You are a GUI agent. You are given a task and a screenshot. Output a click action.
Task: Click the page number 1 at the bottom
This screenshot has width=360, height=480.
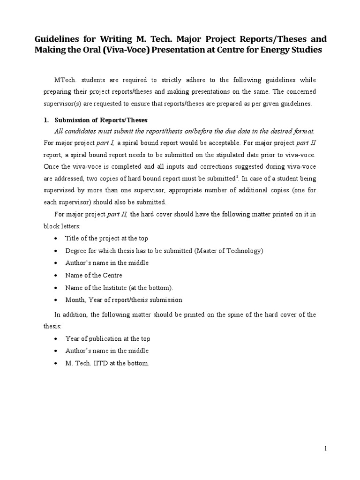(325, 449)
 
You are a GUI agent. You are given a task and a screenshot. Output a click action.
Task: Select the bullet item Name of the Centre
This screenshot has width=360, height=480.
(93, 275)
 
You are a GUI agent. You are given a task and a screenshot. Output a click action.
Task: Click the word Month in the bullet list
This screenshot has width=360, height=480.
(74, 300)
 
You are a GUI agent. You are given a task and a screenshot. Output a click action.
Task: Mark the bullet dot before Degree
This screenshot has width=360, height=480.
(56, 251)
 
